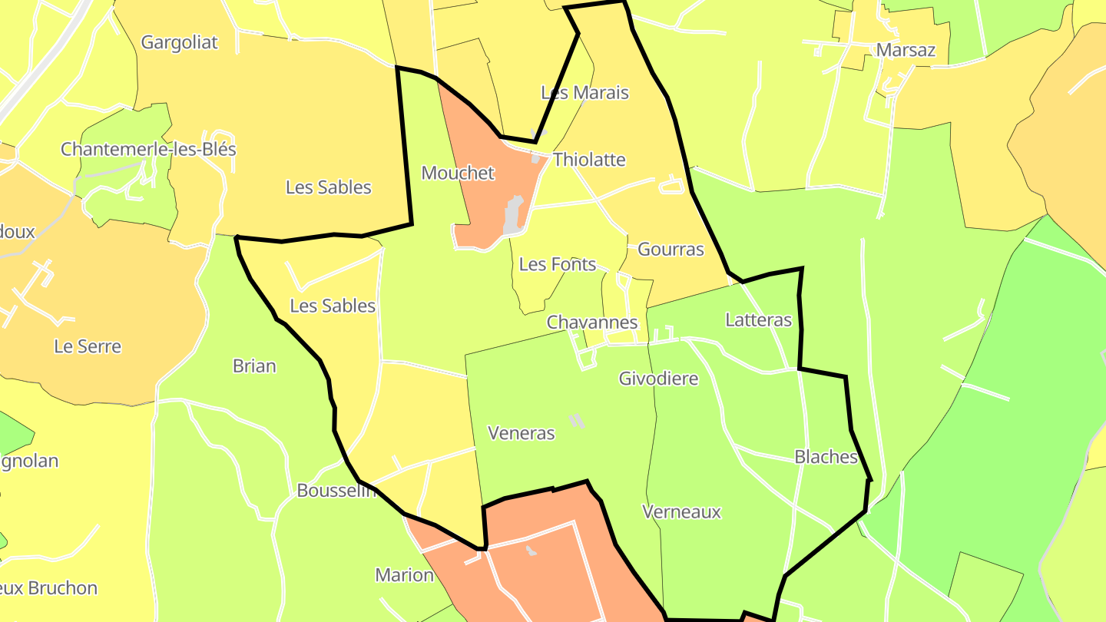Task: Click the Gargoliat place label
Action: click(x=179, y=42)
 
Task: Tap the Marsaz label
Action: click(x=906, y=50)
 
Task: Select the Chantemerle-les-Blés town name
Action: click(x=148, y=149)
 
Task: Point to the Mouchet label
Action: click(x=458, y=173)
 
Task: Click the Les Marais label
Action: click(x=584, y=93)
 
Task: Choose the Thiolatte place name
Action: click(x=589, y=160)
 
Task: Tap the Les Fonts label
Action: click(x=558, y=264)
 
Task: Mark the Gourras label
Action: click(x=671, y=249)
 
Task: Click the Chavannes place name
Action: click(x=592, y=323)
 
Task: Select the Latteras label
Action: click(x=758, y=319)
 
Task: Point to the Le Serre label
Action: click(x=88, y=346)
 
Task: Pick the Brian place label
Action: click(x=254, y=366)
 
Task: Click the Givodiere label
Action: click(x=658, y=378)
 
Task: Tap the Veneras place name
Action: click(x=522, y=433)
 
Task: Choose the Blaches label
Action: click(x=826, y=457)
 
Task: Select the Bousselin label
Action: click(x=336, y=491)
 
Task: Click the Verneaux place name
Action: click(x=681, y=511)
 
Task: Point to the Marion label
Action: click(x=404, y=574)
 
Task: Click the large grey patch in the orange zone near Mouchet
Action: click(x=513, y=216)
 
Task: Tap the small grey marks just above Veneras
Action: click(x=576, y=420)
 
